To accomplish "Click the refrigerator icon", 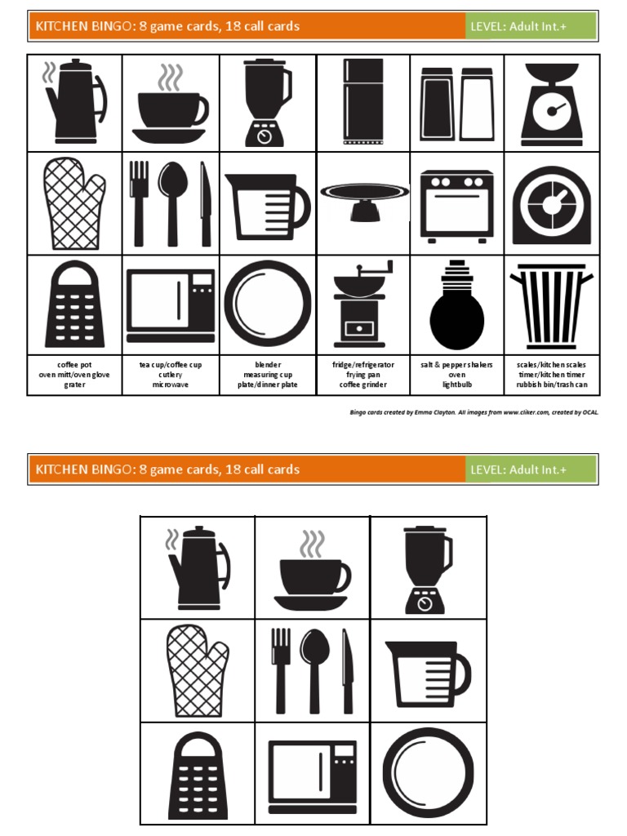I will click(x=363, y=101).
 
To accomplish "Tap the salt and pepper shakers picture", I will click(x=456, y=103).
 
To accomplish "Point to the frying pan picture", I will click(x=363, y=199).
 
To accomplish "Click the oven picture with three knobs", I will click(x=456, y=206).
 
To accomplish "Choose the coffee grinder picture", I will click(x=360, y=303).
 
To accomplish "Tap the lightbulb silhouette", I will click(x=456, y=305).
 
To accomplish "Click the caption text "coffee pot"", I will click(x=74, y=364).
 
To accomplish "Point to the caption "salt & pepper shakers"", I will click(x=456, y=364).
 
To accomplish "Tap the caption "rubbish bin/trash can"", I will click(x=552, y=385).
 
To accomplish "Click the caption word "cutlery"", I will click(x=171, y=375).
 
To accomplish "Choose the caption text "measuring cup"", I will click(x=268, y=375).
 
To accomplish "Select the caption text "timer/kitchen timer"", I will click(x=552, y=375).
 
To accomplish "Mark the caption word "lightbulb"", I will click(x=456, y=385).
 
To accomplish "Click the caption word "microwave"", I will click(x=171, y=385).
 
